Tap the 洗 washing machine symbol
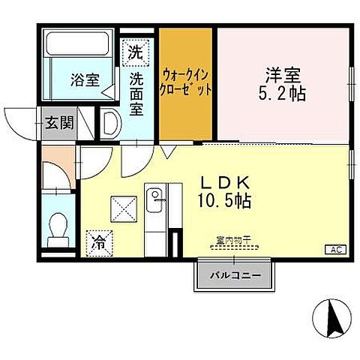133,52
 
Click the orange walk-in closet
187,83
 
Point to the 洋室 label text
283,76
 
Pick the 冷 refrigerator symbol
99,241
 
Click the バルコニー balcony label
234,275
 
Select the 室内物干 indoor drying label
232,240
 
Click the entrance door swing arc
19,120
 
